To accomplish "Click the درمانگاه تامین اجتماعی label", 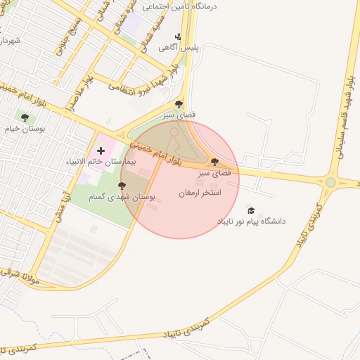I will [180, 6].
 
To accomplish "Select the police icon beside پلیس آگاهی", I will [179, 37].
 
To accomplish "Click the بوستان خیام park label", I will [25, 129].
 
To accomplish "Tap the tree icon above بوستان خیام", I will [25, 118].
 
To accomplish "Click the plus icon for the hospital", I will [101, 150].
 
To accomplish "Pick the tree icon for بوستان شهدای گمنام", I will [122, 186].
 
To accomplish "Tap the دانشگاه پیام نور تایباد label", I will [252, 221].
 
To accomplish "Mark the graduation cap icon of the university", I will [250, 210].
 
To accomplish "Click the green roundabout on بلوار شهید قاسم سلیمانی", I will [330, 183].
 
